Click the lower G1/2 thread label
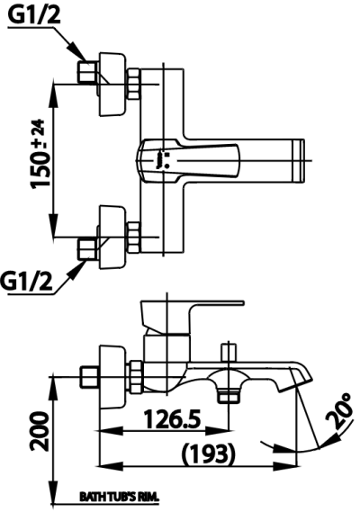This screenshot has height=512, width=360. click(x=26, y=280)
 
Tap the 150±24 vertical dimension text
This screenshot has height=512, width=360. click(x=39, y=157)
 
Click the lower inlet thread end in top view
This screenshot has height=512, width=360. click(x=87, y=248)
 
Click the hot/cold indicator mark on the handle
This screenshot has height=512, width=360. click(x=159, y=158)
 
